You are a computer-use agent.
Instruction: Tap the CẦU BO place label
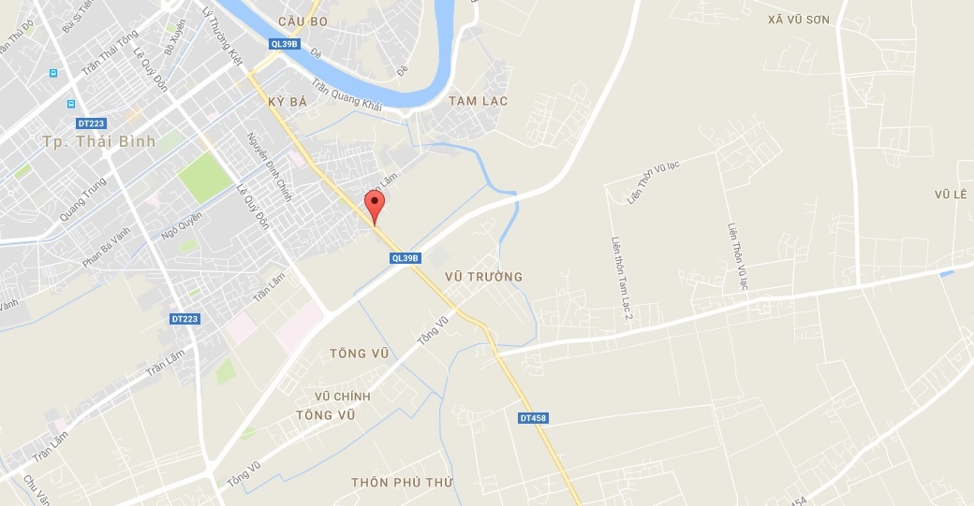[303, 21]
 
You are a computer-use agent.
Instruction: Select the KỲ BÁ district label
[287, 101]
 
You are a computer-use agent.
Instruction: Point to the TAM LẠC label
[478, 101]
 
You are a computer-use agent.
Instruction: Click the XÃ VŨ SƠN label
[798, 20]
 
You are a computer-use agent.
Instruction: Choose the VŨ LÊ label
[949, 194]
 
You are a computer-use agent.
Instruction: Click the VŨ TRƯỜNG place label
[483, 277]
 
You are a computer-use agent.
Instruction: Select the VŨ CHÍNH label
[343, 397]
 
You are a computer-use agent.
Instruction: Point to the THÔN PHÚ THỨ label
[402, 483]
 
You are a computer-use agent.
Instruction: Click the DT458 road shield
[532, 418]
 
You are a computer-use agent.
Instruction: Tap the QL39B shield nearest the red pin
[406, 258]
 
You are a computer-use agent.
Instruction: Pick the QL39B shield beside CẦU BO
[283, 44]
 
